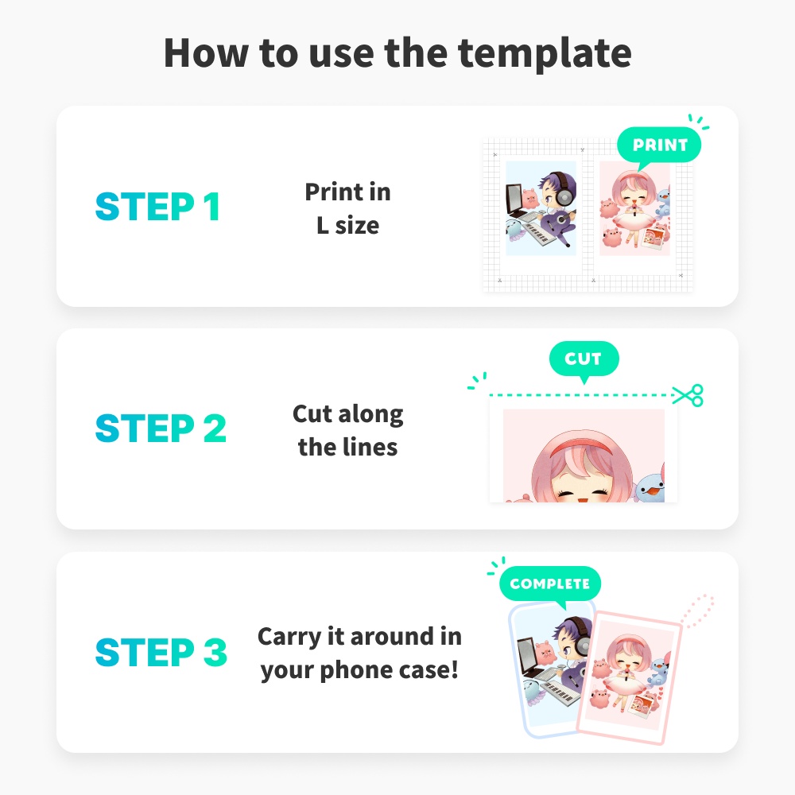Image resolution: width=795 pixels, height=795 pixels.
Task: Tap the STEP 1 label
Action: (157, 207)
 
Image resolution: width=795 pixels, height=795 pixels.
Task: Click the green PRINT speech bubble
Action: (659, 145)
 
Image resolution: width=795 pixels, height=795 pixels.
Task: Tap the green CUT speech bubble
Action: (584, 359)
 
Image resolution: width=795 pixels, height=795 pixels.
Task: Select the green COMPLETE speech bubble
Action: (549, 584)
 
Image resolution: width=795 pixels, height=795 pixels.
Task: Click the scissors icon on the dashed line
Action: (688, 394)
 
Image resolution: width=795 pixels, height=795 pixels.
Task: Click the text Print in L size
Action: (348, 208)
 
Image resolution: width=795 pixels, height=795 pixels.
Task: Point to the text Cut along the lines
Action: (348, 430)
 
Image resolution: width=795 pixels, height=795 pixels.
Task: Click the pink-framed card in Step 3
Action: (630, 676)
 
